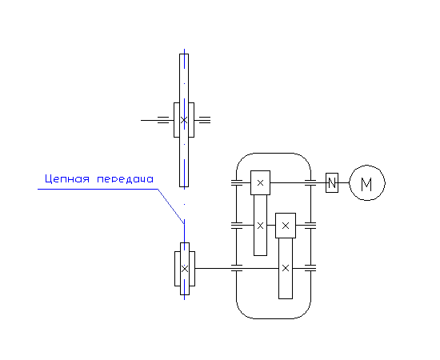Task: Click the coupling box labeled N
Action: pyautogui.click(x=332, y=182)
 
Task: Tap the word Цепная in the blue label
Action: pyautogui.click(x=67, y=179)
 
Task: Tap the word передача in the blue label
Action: pyautogui.click(x=125, y=179)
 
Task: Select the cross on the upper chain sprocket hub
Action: pyautogui.click(x=184, y=120)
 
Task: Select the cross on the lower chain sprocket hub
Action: pyautogui.click(x=185, y=269)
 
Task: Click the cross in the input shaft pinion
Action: pyautogui.click(x=261, y=183)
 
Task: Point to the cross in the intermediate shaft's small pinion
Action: pyautogui.click(x=286, y=226)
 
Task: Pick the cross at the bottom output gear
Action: pyautogui.click(x=286, y=268)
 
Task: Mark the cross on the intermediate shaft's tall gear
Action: pyautogui.click(x=261, y=226)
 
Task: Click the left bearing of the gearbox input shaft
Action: pyautogui.click(x=237, y=182)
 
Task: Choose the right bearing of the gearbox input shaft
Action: pyautogui.click(x=310, y=182)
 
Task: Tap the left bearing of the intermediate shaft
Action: pyautogui.click(x=237, y=226)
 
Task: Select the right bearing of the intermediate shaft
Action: pyautogui.click(x=310, y=226)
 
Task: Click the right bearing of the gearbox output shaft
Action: pyautogui.click(x=310, y=268)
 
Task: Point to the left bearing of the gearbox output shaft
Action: pyautogui.click(x=237, y=268)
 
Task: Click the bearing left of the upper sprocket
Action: pyautogui.click(x=163, y=120)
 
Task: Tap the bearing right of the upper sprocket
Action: pyautogui.click(x=205, y=120)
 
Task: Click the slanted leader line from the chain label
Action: pyautogui.click(x=171, y=206)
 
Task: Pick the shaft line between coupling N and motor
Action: pyautogui.click(x=344, y=182)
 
